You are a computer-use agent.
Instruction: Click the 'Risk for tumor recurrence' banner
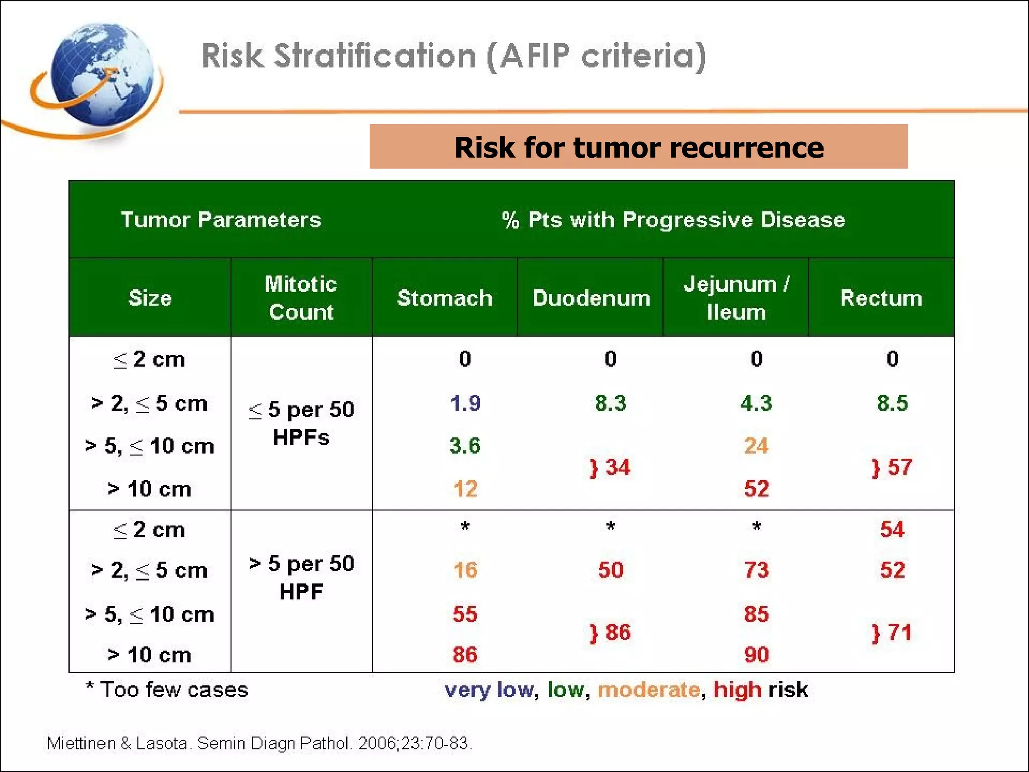tap(638, 147)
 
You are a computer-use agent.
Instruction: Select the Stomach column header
tap(445, 298)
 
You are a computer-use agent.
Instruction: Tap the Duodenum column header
tap(591, 298)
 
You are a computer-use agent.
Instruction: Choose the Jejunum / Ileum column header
tap(736, 298)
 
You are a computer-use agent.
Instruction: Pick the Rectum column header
tap(881, 298)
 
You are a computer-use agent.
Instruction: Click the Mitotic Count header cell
tap(301, 298)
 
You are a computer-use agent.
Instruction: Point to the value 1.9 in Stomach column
tap(465, 403)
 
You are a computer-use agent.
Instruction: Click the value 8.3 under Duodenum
tap(610, 403)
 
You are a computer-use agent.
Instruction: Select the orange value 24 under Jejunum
tap(756, 446)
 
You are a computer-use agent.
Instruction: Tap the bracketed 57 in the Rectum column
tap(892, 468)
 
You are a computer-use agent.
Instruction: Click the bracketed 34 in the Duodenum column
tap(610, 468)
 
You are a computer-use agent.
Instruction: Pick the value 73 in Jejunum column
tap(756, 570)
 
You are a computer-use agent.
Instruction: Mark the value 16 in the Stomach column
tap(465, 570)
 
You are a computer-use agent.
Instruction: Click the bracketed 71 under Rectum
tap(892, 633)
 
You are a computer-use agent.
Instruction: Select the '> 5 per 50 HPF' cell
tap(301, 577)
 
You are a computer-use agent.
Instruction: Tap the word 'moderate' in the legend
tap(649, 690)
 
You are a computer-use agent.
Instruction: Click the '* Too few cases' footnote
tap(167, 690)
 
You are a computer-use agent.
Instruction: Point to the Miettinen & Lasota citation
tap(259, 743)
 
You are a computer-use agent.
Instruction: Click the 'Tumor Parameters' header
tap(221, 220)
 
